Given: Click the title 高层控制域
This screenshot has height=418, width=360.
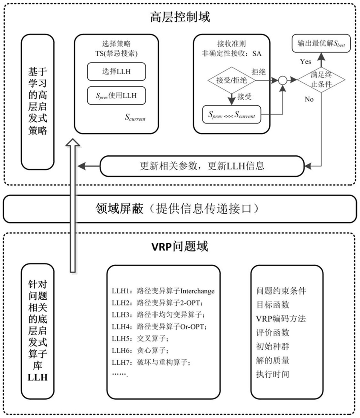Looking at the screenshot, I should (180, 17).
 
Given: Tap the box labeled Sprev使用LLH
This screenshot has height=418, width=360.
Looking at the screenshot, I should (117, 96).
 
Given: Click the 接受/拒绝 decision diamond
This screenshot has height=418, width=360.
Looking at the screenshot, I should (232, 80).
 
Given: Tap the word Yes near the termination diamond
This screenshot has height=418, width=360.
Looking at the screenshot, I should (305, 62).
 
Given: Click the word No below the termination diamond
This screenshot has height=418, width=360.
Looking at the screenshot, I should (310, 99).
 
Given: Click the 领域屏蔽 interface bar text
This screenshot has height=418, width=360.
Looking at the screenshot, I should (179, 209).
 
